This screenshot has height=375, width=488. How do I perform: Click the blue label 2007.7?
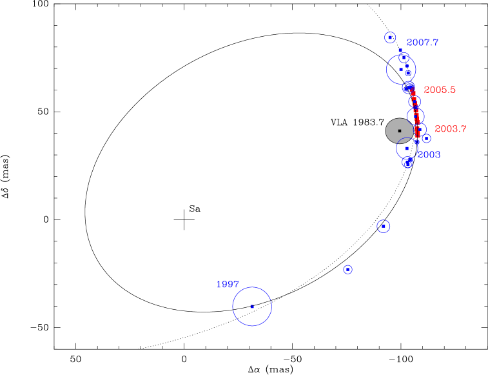pyautogui.click(x=422, y=43)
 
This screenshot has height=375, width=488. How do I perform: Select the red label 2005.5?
pyautogui.click(x=440, y=90)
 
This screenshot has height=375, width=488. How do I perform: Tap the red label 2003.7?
pyautogui.click(x=451, y=129)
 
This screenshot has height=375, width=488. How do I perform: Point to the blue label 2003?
pyautogui.click(x=429, y=155)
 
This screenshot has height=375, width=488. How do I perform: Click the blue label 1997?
pyautogui.click(x=228, y=285)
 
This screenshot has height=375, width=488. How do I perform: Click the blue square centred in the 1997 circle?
pyautogui.click(x=252, y=307)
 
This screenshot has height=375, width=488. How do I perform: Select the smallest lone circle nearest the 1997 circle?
pyautogui.click(x=348, y=270)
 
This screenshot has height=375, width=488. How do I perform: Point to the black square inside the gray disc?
pyautogui.click(x=400, y=131)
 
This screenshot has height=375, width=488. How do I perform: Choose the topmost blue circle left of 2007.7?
pyautogui.click(x=390, y=37)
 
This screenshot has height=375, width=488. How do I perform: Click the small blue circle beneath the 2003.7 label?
pyautogui.click(x=426, y=138)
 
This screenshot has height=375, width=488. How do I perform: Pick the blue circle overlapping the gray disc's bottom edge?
pyautogui.click(x=407, y=148)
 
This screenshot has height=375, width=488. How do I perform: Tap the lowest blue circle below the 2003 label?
pyautogui.click(x=407, y=163)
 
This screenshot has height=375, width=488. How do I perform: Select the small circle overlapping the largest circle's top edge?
pyautogui.click(x=404, y=57)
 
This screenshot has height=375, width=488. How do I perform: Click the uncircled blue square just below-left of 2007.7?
pyautogui.click(x=400, y=50)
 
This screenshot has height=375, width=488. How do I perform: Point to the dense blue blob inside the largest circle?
pyautogui.click(x=408, y=73)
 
